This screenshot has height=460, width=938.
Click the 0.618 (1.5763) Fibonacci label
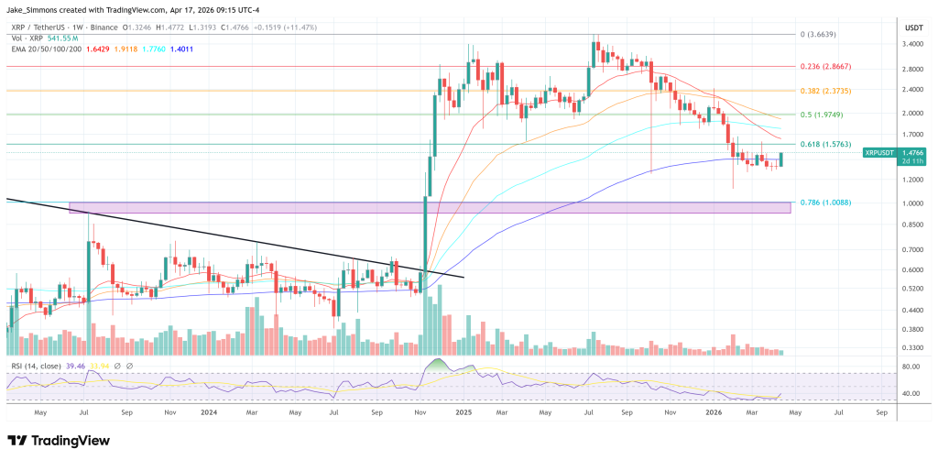tap(830, 145)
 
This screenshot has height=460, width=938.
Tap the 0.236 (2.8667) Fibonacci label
tap(830, 67)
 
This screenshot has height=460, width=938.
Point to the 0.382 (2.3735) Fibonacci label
tap(830, 91)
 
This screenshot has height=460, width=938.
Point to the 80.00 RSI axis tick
tap(911, 367)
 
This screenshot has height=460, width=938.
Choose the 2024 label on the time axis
tap(210, 413)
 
